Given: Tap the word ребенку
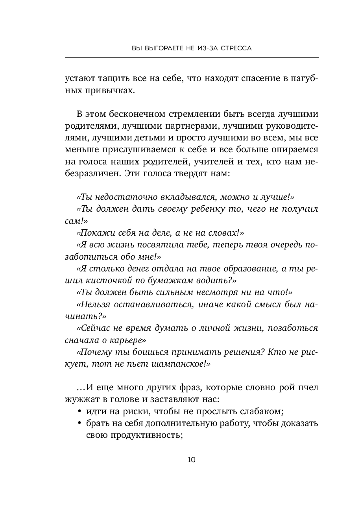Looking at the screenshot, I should pyautogui.click(x=205, y=209).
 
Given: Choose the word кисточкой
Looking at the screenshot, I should pyautogui.click(x=113, y=280).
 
